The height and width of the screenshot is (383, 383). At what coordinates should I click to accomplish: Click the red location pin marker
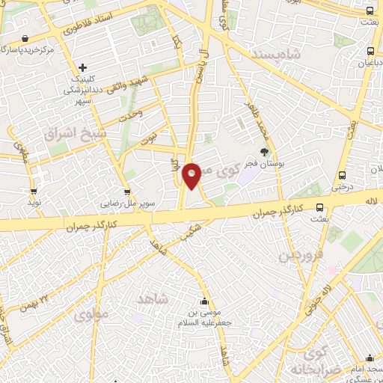[x=192, y=175]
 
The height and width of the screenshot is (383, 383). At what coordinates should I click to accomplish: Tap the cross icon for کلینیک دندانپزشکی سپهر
[x=82, y=68]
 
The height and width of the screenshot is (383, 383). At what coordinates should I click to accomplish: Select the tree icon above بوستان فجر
[x=263, y=152]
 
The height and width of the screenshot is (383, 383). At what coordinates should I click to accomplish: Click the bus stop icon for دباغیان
[x=371, y=52]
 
